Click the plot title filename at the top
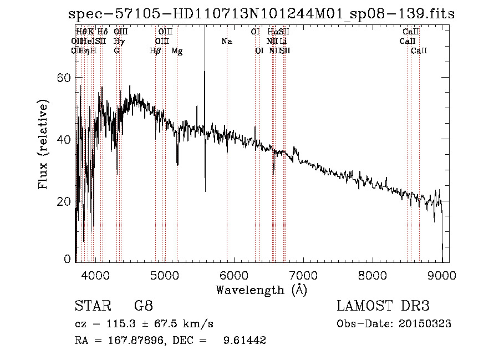pyautogui.click(x=261, y=14)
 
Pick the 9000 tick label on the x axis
pyautogui.click(x=441, y=275)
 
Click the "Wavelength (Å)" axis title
pyautogui.click(x=261, y=290)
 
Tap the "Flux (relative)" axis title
pyautogui.click(x=43, y=144)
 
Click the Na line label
pyautogui.click(x=226, y=41)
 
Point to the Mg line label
pyautogui.click(x=177, y=51)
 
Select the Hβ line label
pyautogui.click(x=155, y=51)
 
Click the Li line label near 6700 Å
pyautogui.click(x=283, y=41)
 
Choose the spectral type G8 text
pyautogui.click(x=143, y=306)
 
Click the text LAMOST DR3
pyautogui.click(x=383, y=306)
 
